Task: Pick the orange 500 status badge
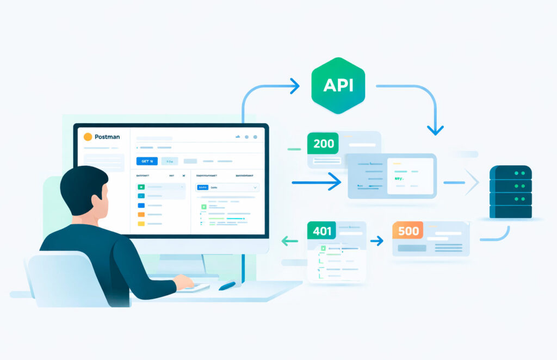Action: click(x=408, y=231)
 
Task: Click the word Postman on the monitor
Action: click(x=107, y=136)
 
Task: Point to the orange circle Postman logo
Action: click(x=88, y=136)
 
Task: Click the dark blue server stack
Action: click(x=510, y=191)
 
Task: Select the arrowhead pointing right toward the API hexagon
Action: click(x=294, y=85)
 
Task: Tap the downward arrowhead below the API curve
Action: click(x=435, y=129)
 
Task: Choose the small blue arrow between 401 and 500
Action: click(x=376, y=240)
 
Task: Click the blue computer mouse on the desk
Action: click(x=228, y=285)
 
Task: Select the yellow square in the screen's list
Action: click(x=141, y=224)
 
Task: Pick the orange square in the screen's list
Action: click(x=141, y=215)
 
